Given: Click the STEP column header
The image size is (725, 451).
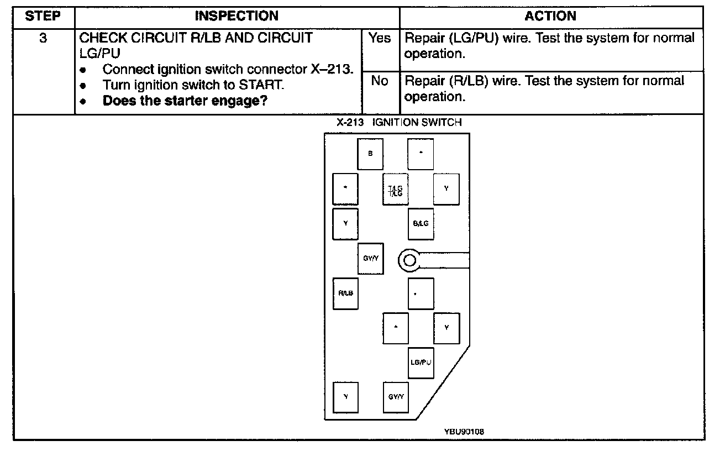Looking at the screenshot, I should (43, 17).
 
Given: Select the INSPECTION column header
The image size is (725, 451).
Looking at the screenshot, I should (237, 17).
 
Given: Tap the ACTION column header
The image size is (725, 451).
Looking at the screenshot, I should (550, 17).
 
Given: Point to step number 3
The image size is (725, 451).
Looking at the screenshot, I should (43, 38).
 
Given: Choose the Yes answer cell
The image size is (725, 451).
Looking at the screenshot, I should (380, 38).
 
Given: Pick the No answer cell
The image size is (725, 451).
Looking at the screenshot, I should (380, 81).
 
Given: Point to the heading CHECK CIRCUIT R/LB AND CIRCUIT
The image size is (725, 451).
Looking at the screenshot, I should (196, 38).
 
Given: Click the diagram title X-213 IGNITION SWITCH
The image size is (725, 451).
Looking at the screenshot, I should (399, 122).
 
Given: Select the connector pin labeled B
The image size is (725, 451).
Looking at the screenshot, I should (370, 153).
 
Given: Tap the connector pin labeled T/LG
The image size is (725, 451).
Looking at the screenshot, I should (396, 190).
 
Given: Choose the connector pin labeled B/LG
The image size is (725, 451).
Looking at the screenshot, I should (421, 223).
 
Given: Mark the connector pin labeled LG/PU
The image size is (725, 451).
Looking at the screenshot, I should (421, 363).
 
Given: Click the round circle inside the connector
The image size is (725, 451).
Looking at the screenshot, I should (408, 259).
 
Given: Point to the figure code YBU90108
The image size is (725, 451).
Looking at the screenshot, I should (463, 431).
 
